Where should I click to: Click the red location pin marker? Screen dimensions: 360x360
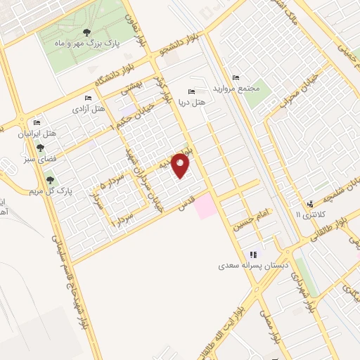[x=181, y=165]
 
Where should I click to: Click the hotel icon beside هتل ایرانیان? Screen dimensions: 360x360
[x=40, y=122]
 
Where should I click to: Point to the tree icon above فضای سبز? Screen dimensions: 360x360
[x=40, y=148]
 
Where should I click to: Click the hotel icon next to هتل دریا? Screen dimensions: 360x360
[x=192, y=91]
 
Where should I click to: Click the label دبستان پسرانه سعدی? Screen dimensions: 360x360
[x=252, y=267]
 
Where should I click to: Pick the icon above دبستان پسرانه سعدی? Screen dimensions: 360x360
[x=253, y=255]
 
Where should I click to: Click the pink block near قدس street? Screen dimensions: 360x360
[x=205, y=207]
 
